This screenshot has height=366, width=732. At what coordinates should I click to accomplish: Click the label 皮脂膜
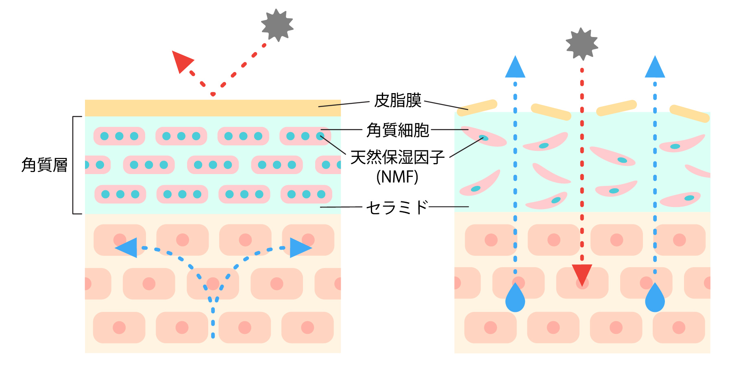click(397, 100)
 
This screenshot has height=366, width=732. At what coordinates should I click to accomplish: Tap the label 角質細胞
click(397, 130)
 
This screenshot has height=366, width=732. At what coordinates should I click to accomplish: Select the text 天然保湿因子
click(397, 157)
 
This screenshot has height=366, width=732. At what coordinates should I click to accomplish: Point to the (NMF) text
click(397, 177)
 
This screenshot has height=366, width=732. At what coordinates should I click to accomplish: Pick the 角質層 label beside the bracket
click(44, 165)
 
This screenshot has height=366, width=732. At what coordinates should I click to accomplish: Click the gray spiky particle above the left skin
click(277, 25)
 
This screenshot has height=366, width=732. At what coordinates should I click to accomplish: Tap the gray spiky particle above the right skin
click(582, 44)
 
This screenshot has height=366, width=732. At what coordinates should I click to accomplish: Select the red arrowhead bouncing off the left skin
click(181, 61)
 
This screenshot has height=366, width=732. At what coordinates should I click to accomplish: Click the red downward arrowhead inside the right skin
click(582, 274)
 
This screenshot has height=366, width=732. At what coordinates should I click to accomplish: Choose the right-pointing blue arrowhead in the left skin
click(299, 248)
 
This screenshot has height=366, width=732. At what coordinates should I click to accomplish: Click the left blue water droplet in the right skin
click(515, 299)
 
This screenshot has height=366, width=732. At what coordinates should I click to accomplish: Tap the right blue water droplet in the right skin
click(655, 299)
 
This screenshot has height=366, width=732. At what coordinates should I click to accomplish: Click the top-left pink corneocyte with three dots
click(119, 136)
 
